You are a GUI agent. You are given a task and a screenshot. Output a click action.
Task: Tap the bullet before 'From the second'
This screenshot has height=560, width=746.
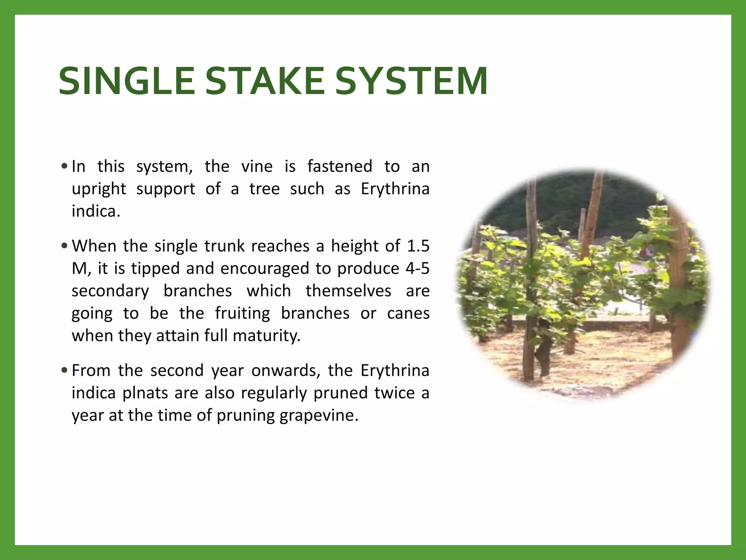pyautogui.click(x=64, y=371)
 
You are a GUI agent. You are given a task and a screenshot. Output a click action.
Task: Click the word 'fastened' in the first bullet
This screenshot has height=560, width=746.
pyautogui.click(x=339, y=167)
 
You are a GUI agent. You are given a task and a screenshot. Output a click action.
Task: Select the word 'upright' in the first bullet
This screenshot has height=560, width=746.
pyautogui.click(x=99, y=189)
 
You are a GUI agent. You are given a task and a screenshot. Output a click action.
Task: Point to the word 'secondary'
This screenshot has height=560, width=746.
pyautogui.click(x=110, y=291)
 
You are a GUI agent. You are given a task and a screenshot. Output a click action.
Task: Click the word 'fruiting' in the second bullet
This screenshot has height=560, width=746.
pyautogui.click(x=243, y=314)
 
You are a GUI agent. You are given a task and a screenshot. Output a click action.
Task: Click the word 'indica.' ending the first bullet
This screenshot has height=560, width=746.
pyautogui.click(x=96, y=211)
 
